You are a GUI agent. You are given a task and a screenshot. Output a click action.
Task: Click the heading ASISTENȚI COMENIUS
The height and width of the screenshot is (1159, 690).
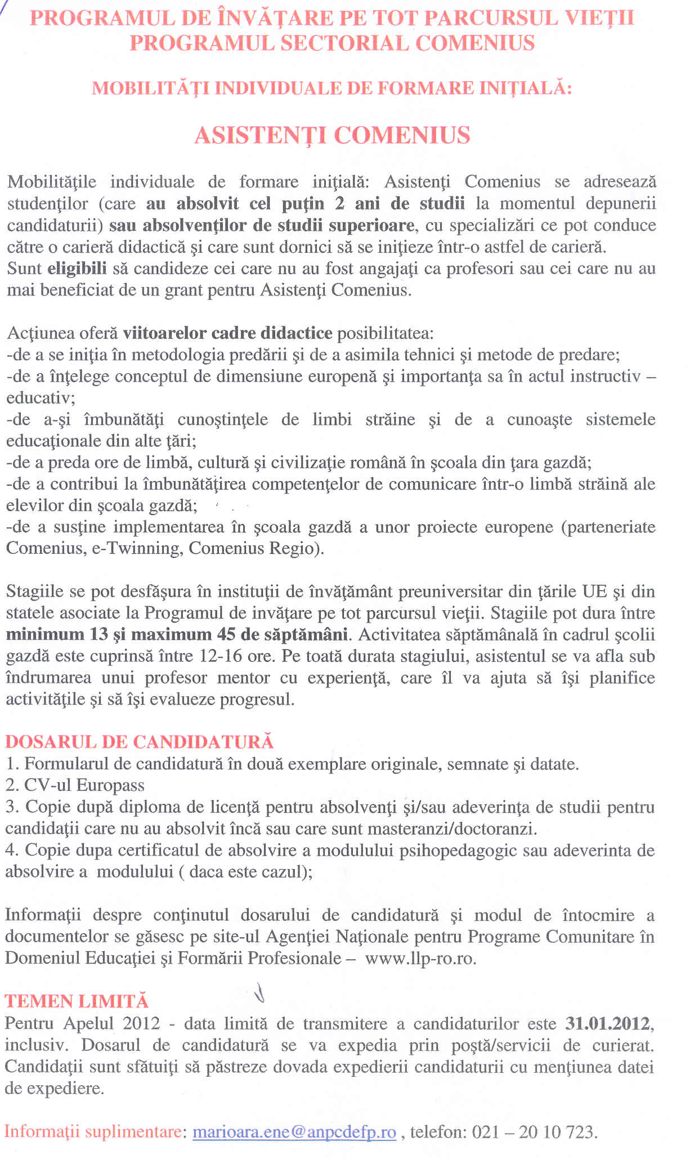tap(332, 136)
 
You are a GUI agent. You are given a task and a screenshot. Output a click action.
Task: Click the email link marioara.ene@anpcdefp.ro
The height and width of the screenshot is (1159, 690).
tap(294, 1131)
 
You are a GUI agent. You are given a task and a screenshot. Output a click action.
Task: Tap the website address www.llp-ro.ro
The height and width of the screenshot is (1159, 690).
tap(420, 957)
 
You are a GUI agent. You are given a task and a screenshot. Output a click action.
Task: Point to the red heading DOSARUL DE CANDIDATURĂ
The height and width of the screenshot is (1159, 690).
tap(140, 742)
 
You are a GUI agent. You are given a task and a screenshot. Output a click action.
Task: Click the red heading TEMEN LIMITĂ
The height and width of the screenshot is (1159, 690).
tap(77, 1001)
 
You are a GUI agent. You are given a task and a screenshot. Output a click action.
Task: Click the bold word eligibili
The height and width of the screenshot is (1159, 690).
tap(77, 269)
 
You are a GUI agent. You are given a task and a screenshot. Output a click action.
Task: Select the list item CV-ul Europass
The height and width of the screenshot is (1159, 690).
tap(84, 785)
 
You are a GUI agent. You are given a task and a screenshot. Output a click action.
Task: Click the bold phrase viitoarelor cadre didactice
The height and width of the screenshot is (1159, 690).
tap(227, 333)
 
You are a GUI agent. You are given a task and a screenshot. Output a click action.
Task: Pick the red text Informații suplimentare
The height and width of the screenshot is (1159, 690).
tap(94, 1131)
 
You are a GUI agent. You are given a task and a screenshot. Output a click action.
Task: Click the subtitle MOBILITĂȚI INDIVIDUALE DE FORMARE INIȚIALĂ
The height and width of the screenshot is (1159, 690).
tap(332, 88)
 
